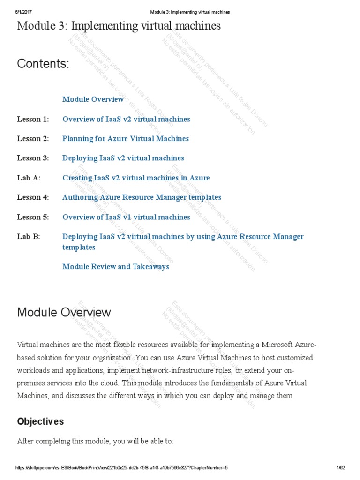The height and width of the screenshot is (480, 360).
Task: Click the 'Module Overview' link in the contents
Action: tap(93, 99)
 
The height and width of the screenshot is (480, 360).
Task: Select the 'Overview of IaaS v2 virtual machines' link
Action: tap(126, 119)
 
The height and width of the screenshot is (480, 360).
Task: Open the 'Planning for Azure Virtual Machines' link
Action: tap(125, 139)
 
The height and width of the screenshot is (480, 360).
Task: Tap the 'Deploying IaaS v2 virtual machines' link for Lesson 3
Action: tap(123, 158)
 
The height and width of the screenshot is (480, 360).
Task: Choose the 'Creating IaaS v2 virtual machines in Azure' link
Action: tap(136, 178)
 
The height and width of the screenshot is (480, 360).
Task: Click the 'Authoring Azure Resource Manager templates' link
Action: tap(142, 197)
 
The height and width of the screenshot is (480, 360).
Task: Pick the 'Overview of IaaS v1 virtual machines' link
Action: tap(126, 217)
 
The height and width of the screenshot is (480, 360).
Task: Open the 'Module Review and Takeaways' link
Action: tap(115, 267)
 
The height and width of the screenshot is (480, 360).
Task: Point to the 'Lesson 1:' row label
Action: tap(33, 119)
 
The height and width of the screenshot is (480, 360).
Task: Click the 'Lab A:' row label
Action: tap(29, 178)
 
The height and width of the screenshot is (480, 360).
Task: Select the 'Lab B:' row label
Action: tap(29, 237)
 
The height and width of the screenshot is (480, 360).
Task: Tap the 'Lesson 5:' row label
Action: tap(33, 217)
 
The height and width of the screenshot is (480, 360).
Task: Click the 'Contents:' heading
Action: tap(43, 64)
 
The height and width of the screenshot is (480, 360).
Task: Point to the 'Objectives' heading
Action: tap(40, 421)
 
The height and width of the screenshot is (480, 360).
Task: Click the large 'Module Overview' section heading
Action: tap(64, 312)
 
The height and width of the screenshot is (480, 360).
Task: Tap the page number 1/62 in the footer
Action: tap(340, 468)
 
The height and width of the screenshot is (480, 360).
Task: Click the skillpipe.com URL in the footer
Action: tap(121, 468)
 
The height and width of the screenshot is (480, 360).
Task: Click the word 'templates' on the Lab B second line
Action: tap(79, 247)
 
